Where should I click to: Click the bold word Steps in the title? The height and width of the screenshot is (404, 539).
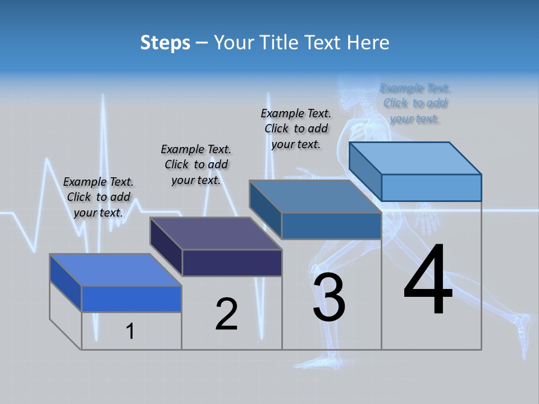pyautogui.click(x=165, y=43)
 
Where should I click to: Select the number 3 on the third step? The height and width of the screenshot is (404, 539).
pyautogui.click(x=329, y=298)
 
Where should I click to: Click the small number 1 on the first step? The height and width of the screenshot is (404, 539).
pyautogui.click(x=130, y=331)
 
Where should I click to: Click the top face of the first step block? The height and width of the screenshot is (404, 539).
pyautogui.click(x=115, y=270)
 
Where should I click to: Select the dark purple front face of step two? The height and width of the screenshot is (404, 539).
pyautogui.click(x=232, y=263)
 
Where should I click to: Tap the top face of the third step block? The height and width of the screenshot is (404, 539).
pyautogui.click(x=314, y=196)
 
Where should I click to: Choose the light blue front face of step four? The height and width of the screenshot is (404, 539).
pyautogui.click(x=431, y=187)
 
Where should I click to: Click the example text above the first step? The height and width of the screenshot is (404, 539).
pyautogui.click(x=98, y=197)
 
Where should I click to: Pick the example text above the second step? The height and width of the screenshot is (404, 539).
pyautogui.click(x=196, y=164)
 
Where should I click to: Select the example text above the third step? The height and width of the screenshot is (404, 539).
pyautogui.click(x=296, y=128)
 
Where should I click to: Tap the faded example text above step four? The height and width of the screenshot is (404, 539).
pyautogui.click(x=415, y=103)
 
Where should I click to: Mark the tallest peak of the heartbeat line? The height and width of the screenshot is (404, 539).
pyautogui.click(x=103, y=98)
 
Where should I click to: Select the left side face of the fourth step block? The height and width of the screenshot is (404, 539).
pyautogui.click(x=365, y=171)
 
